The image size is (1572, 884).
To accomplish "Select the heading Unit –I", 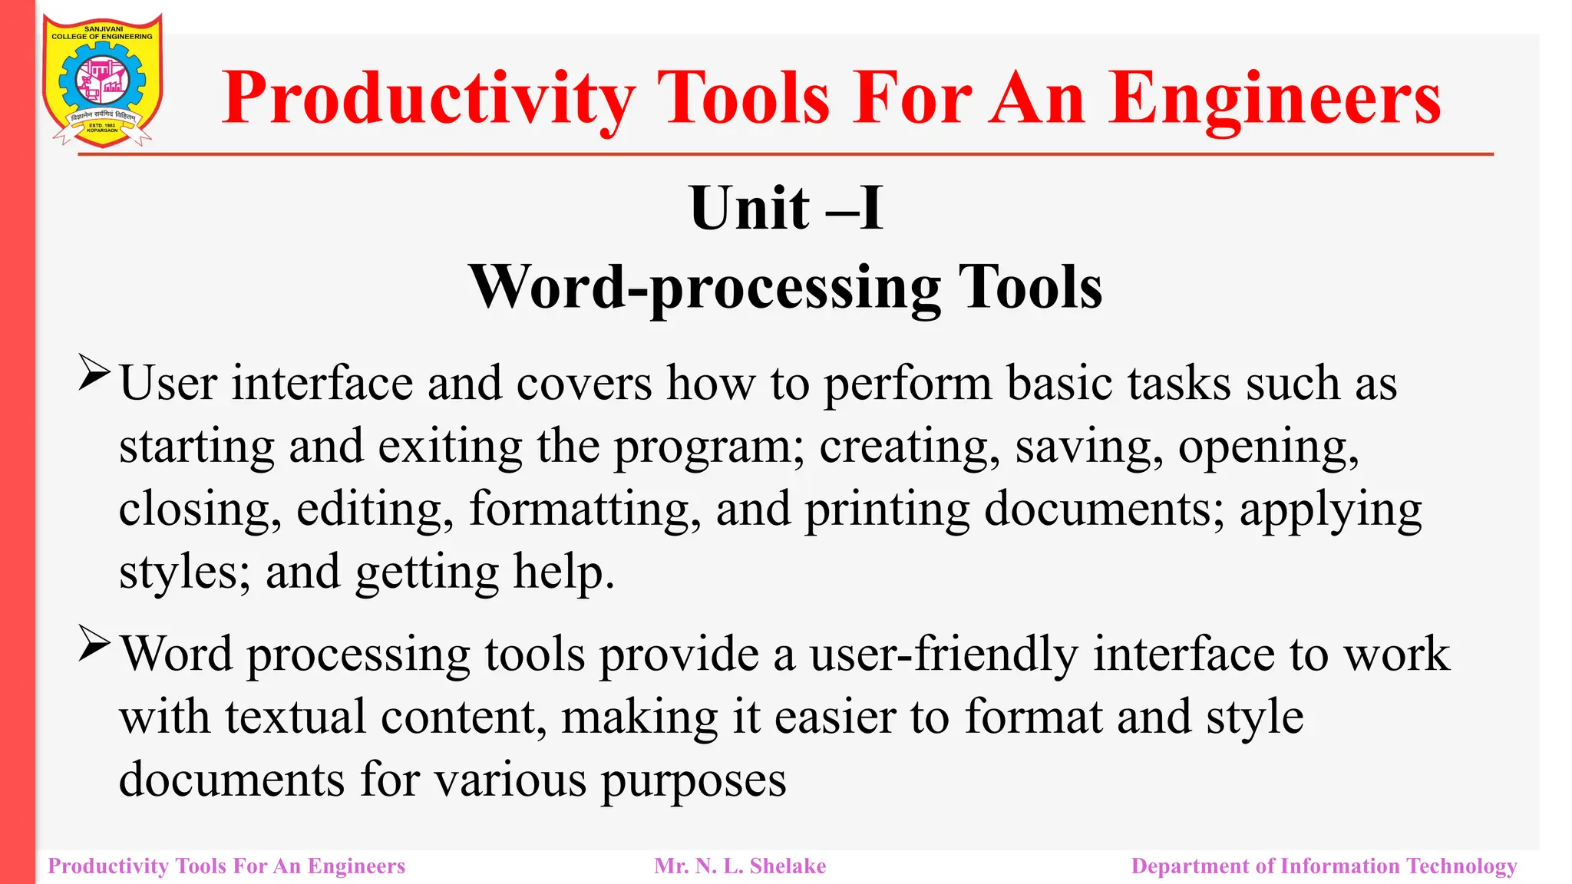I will [786, 208].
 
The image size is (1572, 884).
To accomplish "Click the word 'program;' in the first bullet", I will [710, 447].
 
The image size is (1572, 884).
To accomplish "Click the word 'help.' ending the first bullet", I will [564, 572].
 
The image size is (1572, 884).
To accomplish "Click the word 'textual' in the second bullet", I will [296, 717].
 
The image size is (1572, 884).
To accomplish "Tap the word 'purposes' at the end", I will [693, 780].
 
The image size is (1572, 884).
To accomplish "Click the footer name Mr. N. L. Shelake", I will [740, 866].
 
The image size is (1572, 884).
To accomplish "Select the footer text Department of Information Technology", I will [1324, 866].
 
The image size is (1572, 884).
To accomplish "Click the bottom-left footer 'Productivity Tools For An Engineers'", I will [226, 866].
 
